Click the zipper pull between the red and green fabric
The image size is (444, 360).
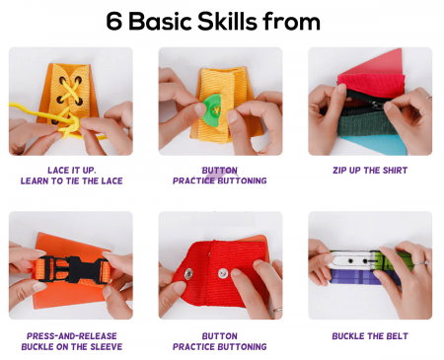(x=377, y=105)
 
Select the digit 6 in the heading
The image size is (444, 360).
(x=113, y=22)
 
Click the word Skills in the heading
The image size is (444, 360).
(x=227, y=21)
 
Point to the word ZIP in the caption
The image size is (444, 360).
(x=338, y=171)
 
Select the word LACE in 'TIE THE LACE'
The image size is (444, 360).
(x=111, y=180)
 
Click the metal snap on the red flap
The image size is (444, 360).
(x=188, y=273)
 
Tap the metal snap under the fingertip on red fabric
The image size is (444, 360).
(x=224, y=273)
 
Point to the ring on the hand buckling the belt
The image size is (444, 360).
(x=421, y=263)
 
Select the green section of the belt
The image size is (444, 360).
(x=397, y=260)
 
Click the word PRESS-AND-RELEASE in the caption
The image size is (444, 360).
(x=72, y=336)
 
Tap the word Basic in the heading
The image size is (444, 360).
(x=160, y=21)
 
